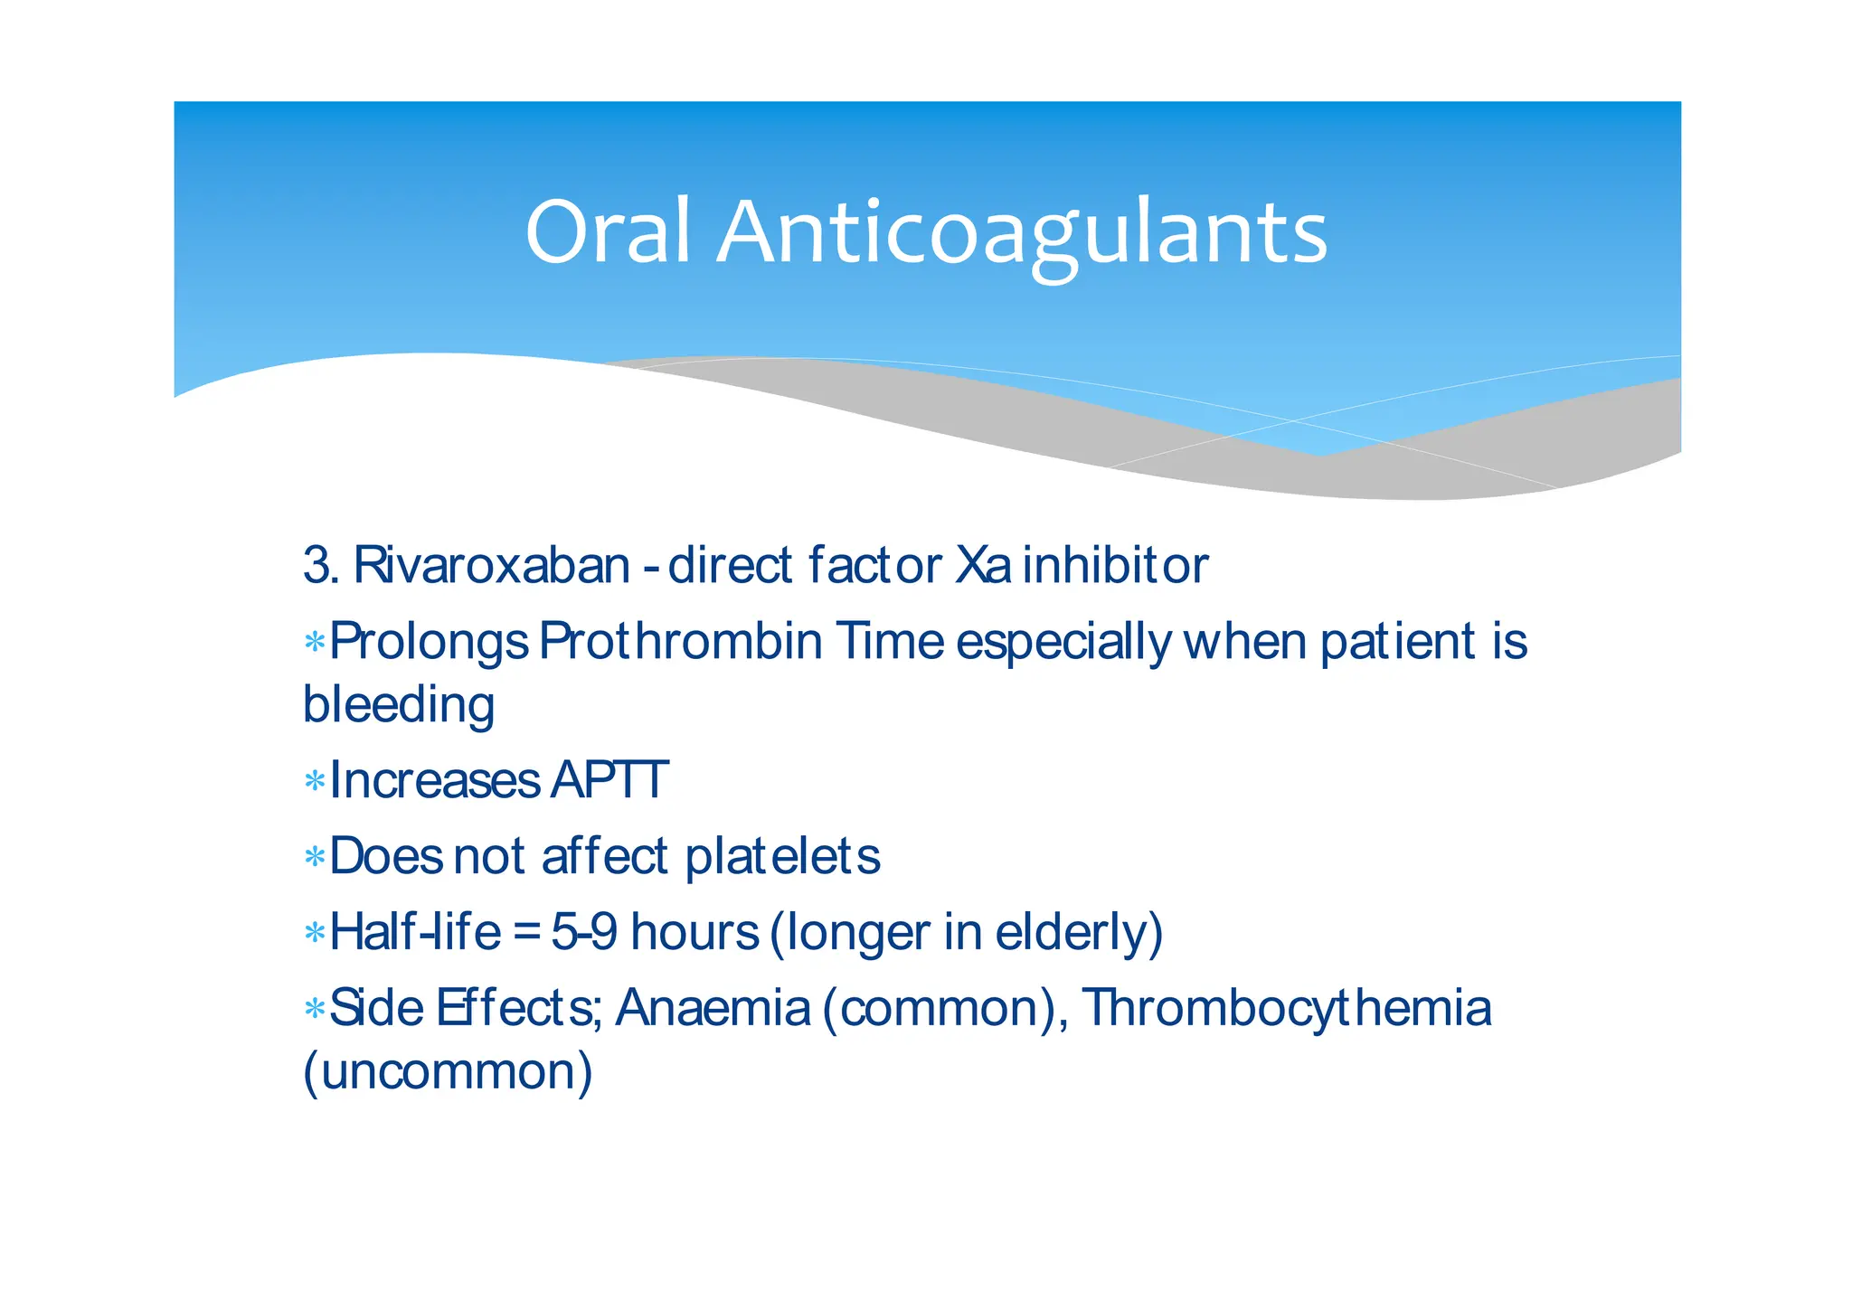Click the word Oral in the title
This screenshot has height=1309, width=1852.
point(608,232)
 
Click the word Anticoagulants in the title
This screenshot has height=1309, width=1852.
point(1022,232)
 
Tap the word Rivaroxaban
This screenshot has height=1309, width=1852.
point(491,566)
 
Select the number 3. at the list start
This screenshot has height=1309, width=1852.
point(321,566)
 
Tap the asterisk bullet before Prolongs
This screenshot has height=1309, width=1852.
point(315,643)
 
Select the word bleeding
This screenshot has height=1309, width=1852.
point(399,705)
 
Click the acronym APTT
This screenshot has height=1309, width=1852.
point(609,780)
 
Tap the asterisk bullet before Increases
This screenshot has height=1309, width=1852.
point(315,781)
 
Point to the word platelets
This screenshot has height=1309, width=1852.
point(782,856)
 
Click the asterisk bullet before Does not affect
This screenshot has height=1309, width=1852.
point(315,857)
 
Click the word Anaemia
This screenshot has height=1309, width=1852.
point(713,1008)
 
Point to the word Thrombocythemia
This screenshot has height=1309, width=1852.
point(1286,1008)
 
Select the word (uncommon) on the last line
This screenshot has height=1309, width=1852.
point(448,1072)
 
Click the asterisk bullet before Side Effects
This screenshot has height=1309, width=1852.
point(315,1009)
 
